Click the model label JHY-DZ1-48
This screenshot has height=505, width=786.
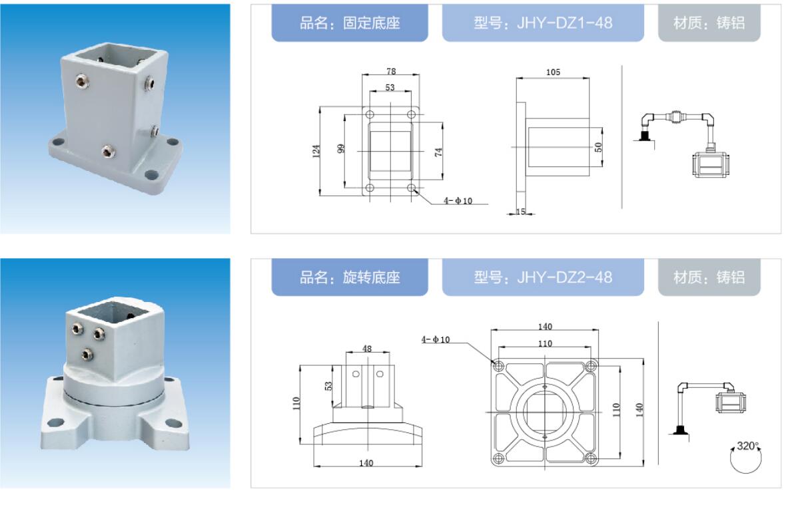(543, 23)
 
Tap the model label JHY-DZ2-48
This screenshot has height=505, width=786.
(543, 277)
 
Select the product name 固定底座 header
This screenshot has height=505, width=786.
(350, 23)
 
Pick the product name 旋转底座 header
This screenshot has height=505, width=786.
(350, 277)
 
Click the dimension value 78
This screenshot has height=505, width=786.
(391, 72)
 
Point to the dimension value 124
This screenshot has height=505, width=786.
(316, 151)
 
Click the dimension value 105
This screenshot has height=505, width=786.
(553, 72)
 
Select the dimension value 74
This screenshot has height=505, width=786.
(438, 152)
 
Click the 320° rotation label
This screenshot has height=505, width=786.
(748, 445)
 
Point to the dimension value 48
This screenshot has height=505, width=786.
(367, 349)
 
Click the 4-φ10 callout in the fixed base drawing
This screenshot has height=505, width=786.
(458, 201)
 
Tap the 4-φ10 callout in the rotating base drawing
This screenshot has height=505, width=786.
(435, 339)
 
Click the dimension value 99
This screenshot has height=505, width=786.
(341, 148)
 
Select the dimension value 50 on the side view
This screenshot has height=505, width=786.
(598, 147)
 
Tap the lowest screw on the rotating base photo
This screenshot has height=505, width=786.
(88, 355)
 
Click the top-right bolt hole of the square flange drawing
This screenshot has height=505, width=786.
(591, 365)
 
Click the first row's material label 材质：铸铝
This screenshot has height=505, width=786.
(709, 23)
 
